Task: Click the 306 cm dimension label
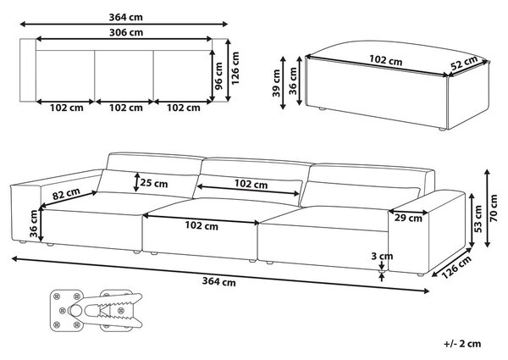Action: pos(125,32)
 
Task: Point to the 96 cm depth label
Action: pos(219,76)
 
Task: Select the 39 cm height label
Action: pos(276,83)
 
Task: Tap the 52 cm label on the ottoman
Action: pos(465,63)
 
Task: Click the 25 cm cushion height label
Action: pos(154,184)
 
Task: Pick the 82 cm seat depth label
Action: pos(66,194)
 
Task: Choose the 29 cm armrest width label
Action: pos(408,218)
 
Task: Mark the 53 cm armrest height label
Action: pos(478,219)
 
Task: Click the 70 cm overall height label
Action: pos(494,208)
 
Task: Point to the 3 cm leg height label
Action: pos(382,257)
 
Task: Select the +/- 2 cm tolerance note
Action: pos(462,344)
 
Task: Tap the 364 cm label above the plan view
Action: pos(125,17)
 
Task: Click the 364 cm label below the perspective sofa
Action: pos(219,281)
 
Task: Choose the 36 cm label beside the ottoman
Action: pos(293,80)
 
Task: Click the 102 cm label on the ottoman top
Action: pos(386,60)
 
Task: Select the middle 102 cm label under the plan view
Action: pos(125,108)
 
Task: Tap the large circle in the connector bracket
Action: pos(75,311)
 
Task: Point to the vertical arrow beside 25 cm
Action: pos(137,182)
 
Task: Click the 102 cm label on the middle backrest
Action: pos(251,184)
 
